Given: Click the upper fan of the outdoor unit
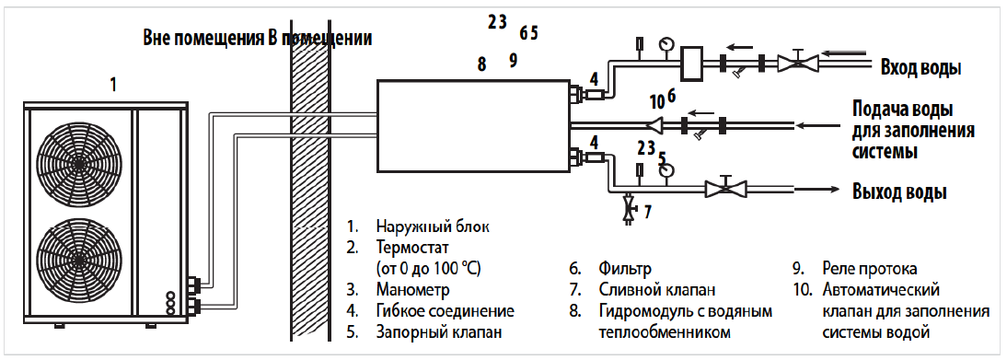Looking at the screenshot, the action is point(77,163).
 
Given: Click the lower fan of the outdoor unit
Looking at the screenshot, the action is point(77,259).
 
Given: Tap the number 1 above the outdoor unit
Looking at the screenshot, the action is point(113,85).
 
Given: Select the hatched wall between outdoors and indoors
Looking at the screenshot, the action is point(310,192).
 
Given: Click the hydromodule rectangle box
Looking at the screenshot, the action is point(473,127).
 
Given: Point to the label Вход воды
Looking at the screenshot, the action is point(921,68).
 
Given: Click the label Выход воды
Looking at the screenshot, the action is point(899,192).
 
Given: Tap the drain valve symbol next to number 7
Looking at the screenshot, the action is point(628,210).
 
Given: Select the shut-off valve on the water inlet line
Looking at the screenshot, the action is point(798,63).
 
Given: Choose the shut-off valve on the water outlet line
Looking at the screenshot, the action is point(725,189).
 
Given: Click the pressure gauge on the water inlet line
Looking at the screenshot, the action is point(666,43).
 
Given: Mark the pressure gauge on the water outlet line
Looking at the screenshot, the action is point(667,169).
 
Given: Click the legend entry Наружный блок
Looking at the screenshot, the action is point(433,226).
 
